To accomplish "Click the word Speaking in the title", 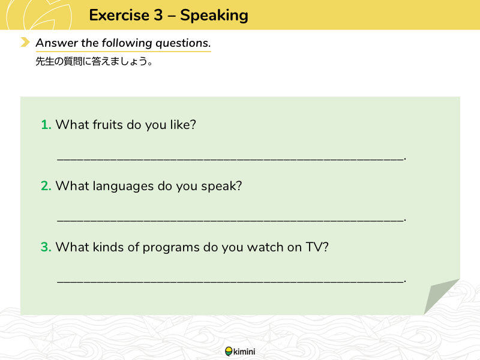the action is [214, 16].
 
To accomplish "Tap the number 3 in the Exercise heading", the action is [158, 15].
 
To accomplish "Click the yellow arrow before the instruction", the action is [25, 42].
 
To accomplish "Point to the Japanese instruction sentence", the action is [94, 62].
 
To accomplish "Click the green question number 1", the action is [46, 125].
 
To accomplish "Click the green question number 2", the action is [46, 186].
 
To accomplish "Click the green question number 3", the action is [46, 247].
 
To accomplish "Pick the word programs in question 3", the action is [171, 248].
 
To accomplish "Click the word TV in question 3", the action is [314, 247].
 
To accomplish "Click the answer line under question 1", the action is [231, 158].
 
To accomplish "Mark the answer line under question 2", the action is [231, 220].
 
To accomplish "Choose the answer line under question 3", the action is [231, 281].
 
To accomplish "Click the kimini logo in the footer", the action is [240, 352].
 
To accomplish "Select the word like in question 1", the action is [181, 125].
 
